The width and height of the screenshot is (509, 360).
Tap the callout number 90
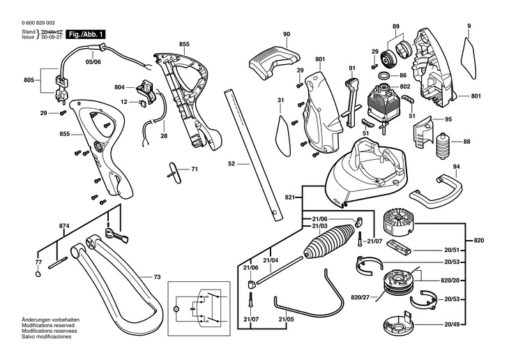(x=287, y=34)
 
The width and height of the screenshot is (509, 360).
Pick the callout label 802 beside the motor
(x=404, y=87)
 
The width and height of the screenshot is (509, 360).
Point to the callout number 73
(x=157, y=278)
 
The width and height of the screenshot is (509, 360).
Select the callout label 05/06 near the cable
(x=92, y=61)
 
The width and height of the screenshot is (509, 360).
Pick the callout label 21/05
(x=286, y=320)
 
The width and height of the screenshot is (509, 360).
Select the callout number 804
(x=119, y=87)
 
